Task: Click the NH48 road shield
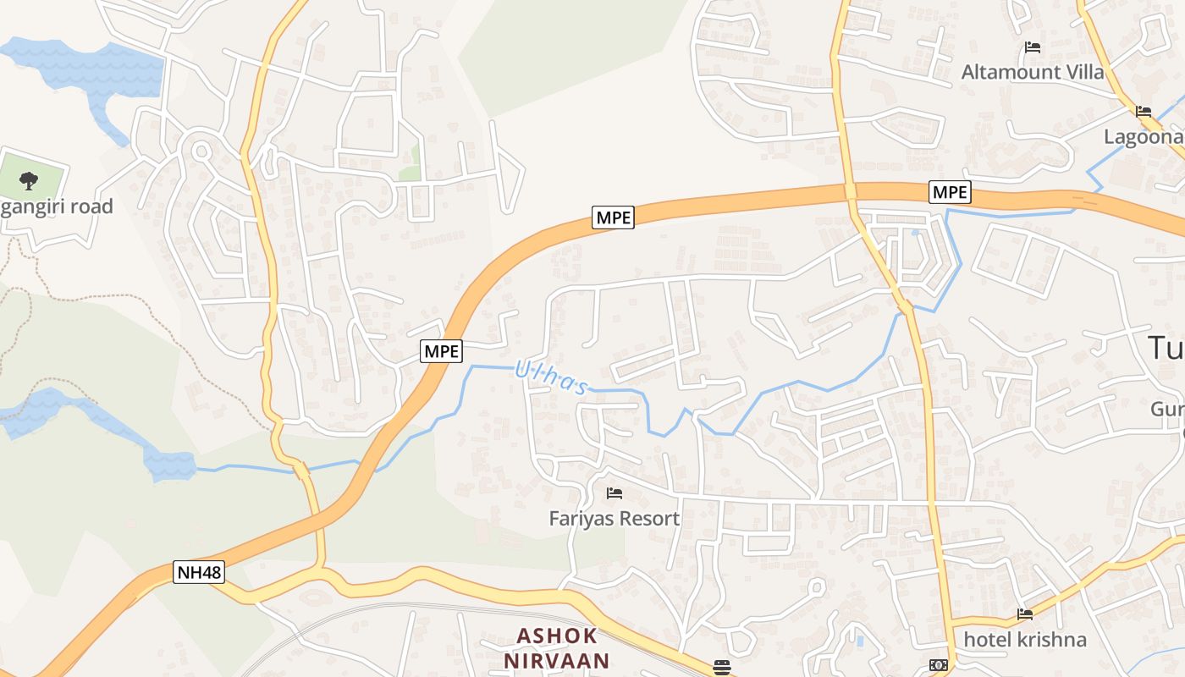click(200, 572)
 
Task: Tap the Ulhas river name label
click(551, 377)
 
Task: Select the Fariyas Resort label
click(615, 519)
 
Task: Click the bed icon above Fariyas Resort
click(615, 493)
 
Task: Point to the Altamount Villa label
click(1033, 72)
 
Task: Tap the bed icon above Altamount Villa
click(1033, 47)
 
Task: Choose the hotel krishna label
click(1025, 639)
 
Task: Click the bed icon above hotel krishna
click(1025, 614)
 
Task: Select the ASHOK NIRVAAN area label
click(557, 648)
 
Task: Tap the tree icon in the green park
click(29, 179)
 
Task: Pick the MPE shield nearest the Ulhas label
click(442, 351)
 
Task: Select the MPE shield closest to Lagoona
click(949, 193)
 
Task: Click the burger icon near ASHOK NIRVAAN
click(721, 668)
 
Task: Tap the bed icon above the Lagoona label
click(1144, 111)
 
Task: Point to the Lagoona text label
click(1144, 137)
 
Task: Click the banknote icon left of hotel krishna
click(938, 665)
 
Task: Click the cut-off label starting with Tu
click(1166, 348)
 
